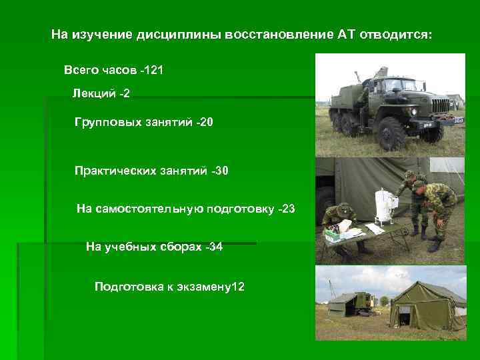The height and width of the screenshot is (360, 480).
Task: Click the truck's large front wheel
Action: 391,133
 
